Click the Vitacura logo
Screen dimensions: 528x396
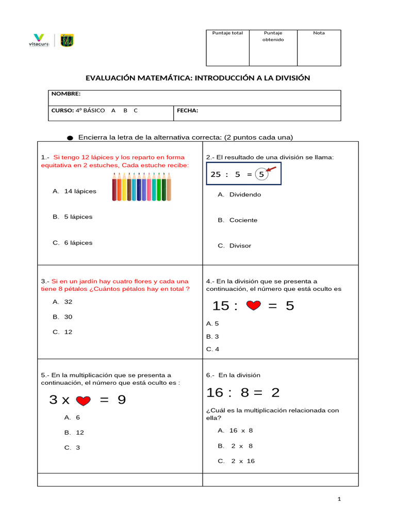pos(39,40)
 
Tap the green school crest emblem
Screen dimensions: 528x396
pos(67,40)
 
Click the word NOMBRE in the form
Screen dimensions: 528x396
pos(65,94)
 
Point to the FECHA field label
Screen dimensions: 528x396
pos(188,110)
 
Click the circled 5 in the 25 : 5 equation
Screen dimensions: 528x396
pos(261,175)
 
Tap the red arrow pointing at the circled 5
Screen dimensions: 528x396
pos(271,169)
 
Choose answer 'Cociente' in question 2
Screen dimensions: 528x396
pos(243,220)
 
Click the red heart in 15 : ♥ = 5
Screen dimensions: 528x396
pos(253,306)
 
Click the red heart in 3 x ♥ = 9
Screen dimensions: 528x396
pos(84,401)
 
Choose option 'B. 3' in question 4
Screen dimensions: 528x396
pos(212,337)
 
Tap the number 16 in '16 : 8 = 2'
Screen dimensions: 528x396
pos(214,393)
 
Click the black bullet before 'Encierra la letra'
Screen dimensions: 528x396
pos(70,138)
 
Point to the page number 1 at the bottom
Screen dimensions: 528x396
pos(339,499)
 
